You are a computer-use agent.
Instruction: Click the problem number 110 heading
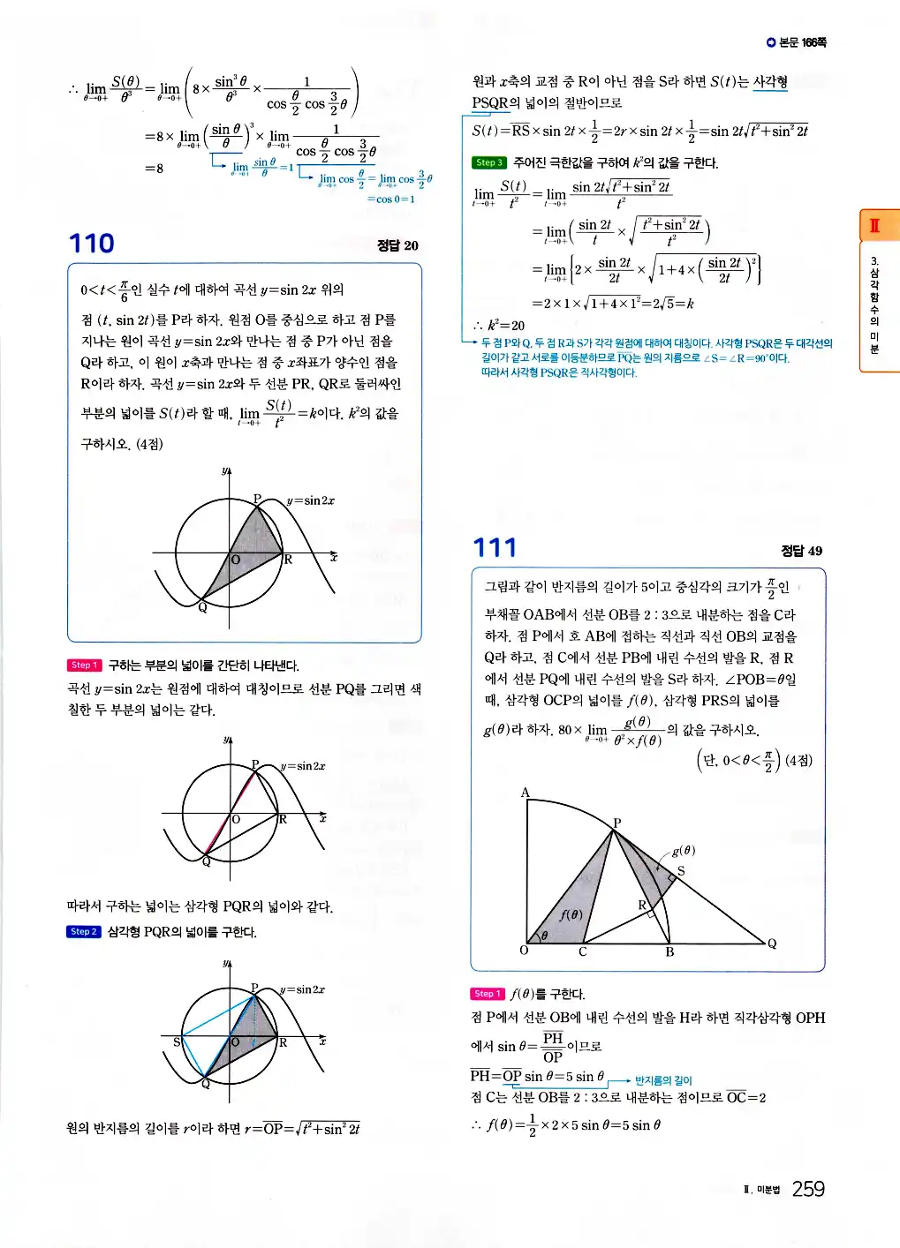(x=92, y=244)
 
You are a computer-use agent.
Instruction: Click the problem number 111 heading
(x=495, y=548)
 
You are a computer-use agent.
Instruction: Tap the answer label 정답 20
(x=397, y=245)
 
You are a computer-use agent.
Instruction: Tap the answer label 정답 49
(x=801, y=551)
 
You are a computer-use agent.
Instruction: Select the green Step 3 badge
(x=488, y=162)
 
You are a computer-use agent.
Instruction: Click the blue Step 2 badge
(x=84, y=931)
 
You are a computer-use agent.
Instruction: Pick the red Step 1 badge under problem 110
(x=84, y=665)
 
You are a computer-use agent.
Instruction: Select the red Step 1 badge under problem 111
(x=488, y=994)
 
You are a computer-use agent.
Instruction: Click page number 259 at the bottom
(x=807, y=1189)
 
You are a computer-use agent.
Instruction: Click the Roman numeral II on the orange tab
(x=874, y=225)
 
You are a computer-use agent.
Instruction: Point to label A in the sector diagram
(x=525, y=793)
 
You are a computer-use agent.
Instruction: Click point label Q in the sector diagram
(x=772, y=944)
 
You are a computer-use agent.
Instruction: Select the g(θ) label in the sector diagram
(x=684, y=851)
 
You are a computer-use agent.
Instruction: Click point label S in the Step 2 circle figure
(x=176, y=1042)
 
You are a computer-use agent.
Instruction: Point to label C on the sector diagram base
(x=582, y=952)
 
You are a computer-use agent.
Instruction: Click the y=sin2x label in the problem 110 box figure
(x=311, y=500)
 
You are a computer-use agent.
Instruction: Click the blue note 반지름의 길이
(x=663, y=1080)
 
